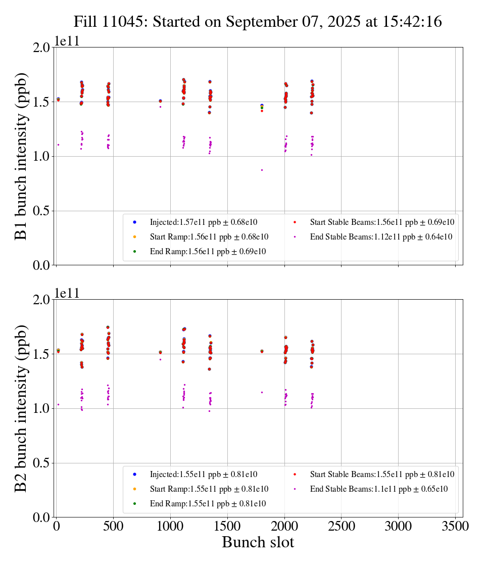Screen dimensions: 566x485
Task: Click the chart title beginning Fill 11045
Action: [258, 22]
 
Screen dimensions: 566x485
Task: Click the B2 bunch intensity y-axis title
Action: [21, 408]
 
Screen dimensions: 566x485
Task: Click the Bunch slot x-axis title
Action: [258, 543]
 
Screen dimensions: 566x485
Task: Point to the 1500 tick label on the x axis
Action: [227, 526]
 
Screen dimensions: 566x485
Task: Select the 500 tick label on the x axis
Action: [113, 526]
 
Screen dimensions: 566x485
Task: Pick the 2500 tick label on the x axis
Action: [342, 526]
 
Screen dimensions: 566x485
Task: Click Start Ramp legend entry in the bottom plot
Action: [209, 489]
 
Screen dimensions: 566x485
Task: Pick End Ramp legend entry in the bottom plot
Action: [208, 504]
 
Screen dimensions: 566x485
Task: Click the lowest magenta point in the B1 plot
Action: [262, 170]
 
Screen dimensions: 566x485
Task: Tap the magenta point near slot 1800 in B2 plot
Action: [262, 392]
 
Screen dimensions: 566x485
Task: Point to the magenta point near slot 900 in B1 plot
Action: [160, 107]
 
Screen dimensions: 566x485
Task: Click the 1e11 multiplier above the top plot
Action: [68, 41]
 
